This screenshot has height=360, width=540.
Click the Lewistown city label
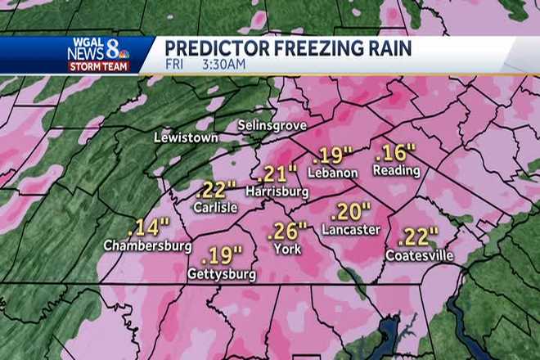pyautogui.click(x=186, y=138)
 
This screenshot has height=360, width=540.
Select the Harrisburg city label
pyautogui.click(x=277, y=192)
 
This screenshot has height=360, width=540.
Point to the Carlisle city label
pyautogui.click(x=215, y=208)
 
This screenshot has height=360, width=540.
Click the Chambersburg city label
pyautogui.click(x=147, y=245)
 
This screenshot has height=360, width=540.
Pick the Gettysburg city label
pyautogui.click(x=222, y=274)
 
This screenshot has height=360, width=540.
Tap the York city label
pyautogui.click(x=287, y=249)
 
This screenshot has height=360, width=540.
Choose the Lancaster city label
pyautogui.click(x=350, y=230)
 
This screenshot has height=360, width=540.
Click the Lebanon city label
pyautogui.click(x=333, y=173)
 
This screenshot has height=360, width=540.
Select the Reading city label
pyautogui.click(x=396, y=171)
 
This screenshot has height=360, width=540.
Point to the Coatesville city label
pyautogui.click(x=419, y=256)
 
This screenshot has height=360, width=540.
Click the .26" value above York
pyautogui.click(x=287, y=232)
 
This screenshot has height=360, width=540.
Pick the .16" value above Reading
pyautogui.click(x=396, y=153)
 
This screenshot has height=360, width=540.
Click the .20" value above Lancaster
pyautogui.click(x=350, y=212)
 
